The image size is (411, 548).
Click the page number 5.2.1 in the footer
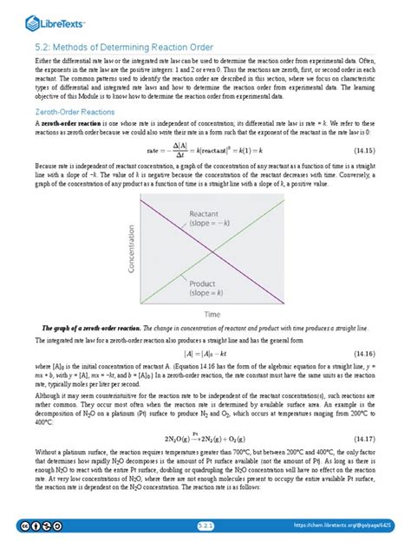coord(205,525)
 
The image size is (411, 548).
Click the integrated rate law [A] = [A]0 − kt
coord(205,354)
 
